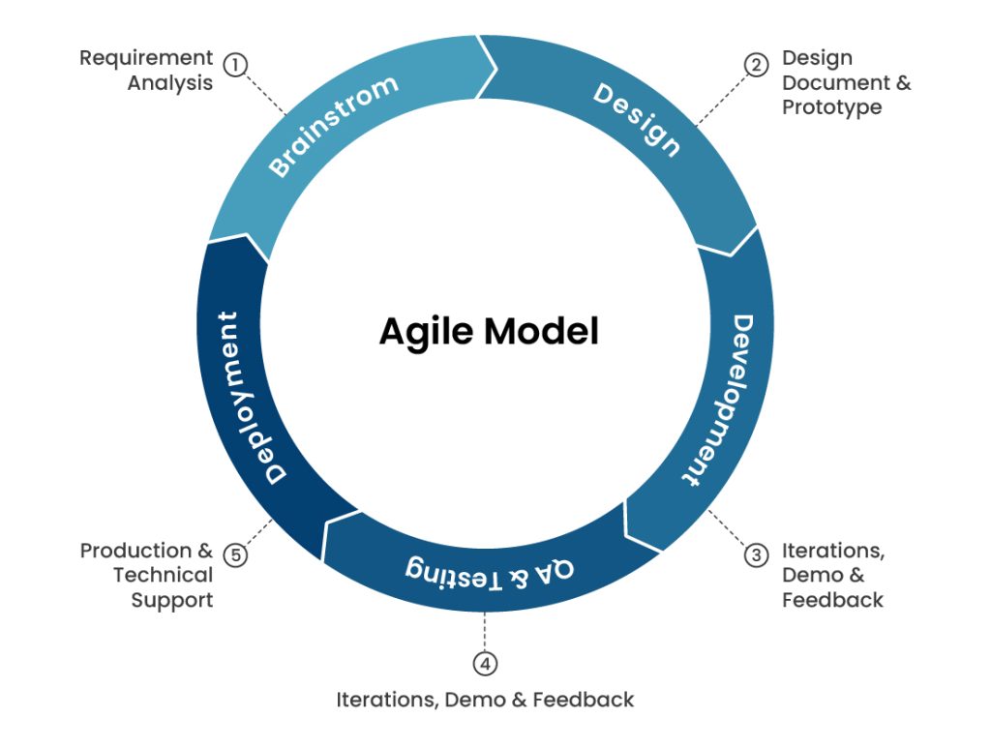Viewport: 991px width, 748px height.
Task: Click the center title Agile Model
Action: pos(489,331)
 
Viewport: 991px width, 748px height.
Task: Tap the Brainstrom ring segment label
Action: pos(333,126)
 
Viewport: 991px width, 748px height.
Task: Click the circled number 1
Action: pos(235,65)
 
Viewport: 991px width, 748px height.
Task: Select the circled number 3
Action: pos(755,555)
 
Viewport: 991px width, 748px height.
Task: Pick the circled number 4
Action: pos(486,664)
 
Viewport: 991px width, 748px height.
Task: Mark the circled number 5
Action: pos(235,555)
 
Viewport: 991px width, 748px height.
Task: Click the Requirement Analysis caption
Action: pos(146,71)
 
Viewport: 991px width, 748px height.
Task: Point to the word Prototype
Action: pos(831,107)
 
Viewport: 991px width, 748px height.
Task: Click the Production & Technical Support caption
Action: pos(147,575)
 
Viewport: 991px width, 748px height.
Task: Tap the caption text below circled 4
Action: pos(485,699)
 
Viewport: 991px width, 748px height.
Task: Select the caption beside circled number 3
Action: pos(832,575)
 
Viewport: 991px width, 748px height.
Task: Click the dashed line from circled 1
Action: pos(266,95)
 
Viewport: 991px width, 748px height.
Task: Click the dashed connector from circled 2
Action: pos(720,98)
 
